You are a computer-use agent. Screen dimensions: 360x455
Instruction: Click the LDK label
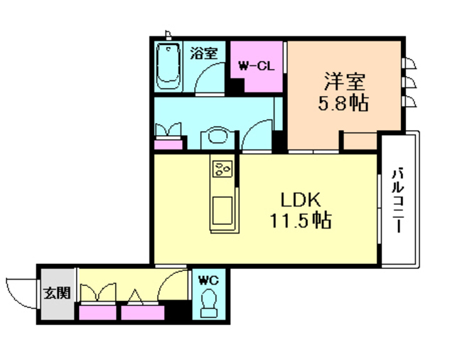(299, 198)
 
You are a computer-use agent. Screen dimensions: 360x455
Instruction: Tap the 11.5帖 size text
(299, 221)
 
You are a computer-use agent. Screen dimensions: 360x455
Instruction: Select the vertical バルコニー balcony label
(399, 198)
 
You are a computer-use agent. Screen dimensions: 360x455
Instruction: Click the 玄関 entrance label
(58, 292)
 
